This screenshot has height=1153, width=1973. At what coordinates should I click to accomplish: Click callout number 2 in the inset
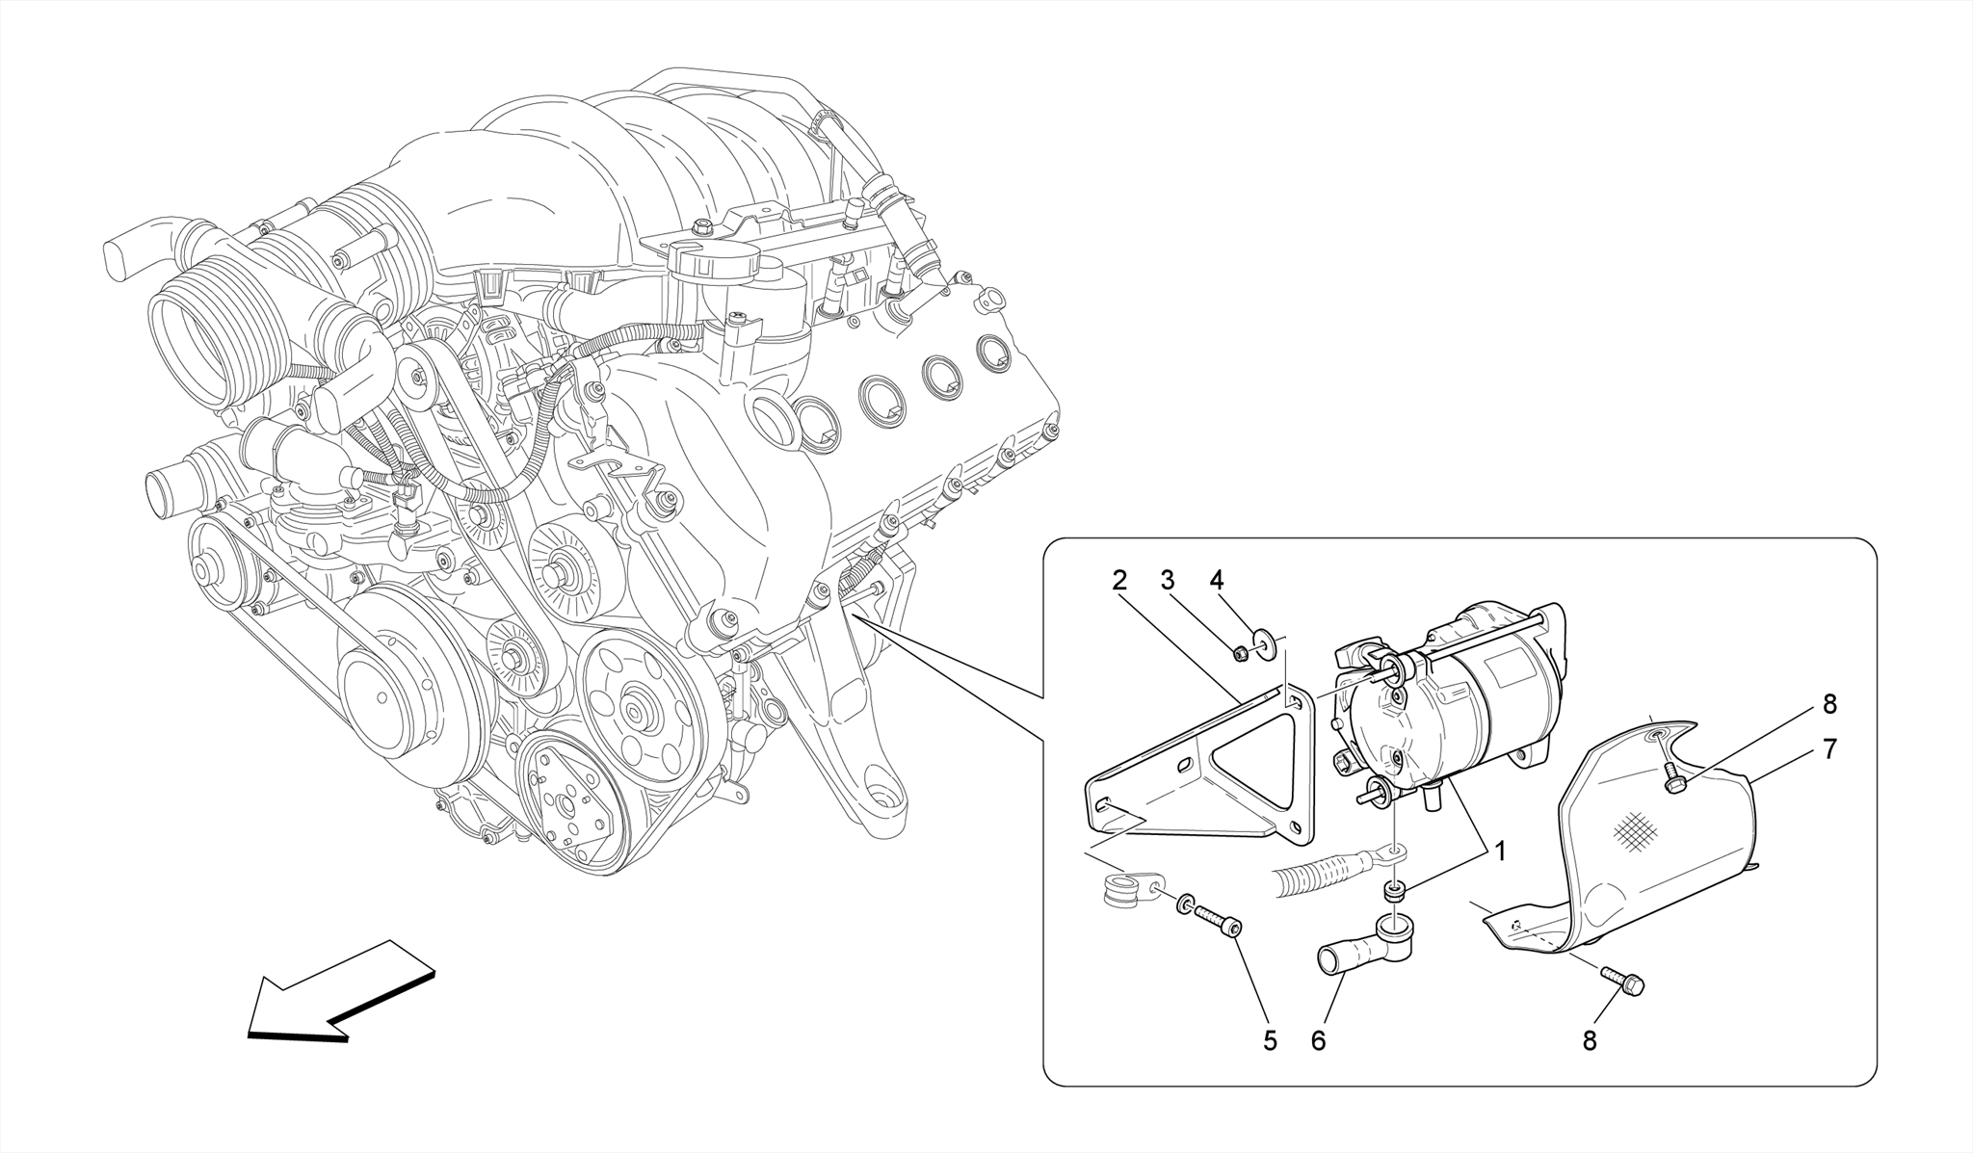(x=1118, y=581)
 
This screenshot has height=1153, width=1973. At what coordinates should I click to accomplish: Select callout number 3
(x=1168, y=581)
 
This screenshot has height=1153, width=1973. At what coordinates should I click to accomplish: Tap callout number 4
(x=1217, y=581)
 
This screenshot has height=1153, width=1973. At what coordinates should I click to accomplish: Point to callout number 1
(x=1499, y=852)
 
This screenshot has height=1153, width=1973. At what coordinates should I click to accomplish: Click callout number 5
(x=1270, y=1040)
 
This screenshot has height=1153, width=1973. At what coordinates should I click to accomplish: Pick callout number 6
(x=1318, y=1040)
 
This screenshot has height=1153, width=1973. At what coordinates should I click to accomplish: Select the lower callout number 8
(x=1590, y=1040)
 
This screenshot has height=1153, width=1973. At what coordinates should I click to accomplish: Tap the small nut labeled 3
(x=1242, y=654)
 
